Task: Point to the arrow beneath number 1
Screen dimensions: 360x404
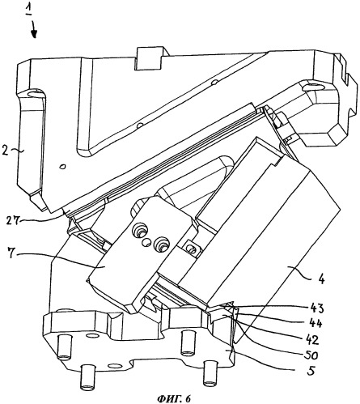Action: point(34,30)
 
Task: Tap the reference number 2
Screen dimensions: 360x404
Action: point(6,151)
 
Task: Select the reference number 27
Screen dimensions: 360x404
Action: point(14,220)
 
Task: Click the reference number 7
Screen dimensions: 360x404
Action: point(11,254)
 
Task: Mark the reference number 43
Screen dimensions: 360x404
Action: point(317,308)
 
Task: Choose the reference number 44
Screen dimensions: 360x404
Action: point(316,323)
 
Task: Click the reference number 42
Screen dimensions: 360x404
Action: point(312,339)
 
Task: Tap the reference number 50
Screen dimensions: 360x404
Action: point(311,355)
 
